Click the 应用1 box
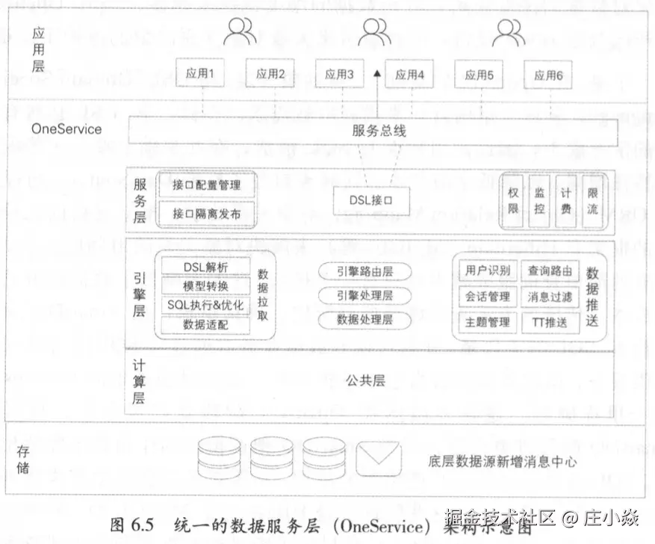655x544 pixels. point(199,74)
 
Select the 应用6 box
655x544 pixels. point(548,75)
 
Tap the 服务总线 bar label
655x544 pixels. point(379,131)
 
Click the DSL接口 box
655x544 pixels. point(370,200)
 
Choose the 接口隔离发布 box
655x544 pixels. point(206,213)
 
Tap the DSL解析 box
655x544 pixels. point(205,268)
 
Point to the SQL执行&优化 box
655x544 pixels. point(205,306)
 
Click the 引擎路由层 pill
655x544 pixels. point(364,272)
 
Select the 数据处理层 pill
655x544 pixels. point(364,319)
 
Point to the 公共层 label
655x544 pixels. point(365,380)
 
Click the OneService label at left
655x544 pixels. point(66,129)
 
